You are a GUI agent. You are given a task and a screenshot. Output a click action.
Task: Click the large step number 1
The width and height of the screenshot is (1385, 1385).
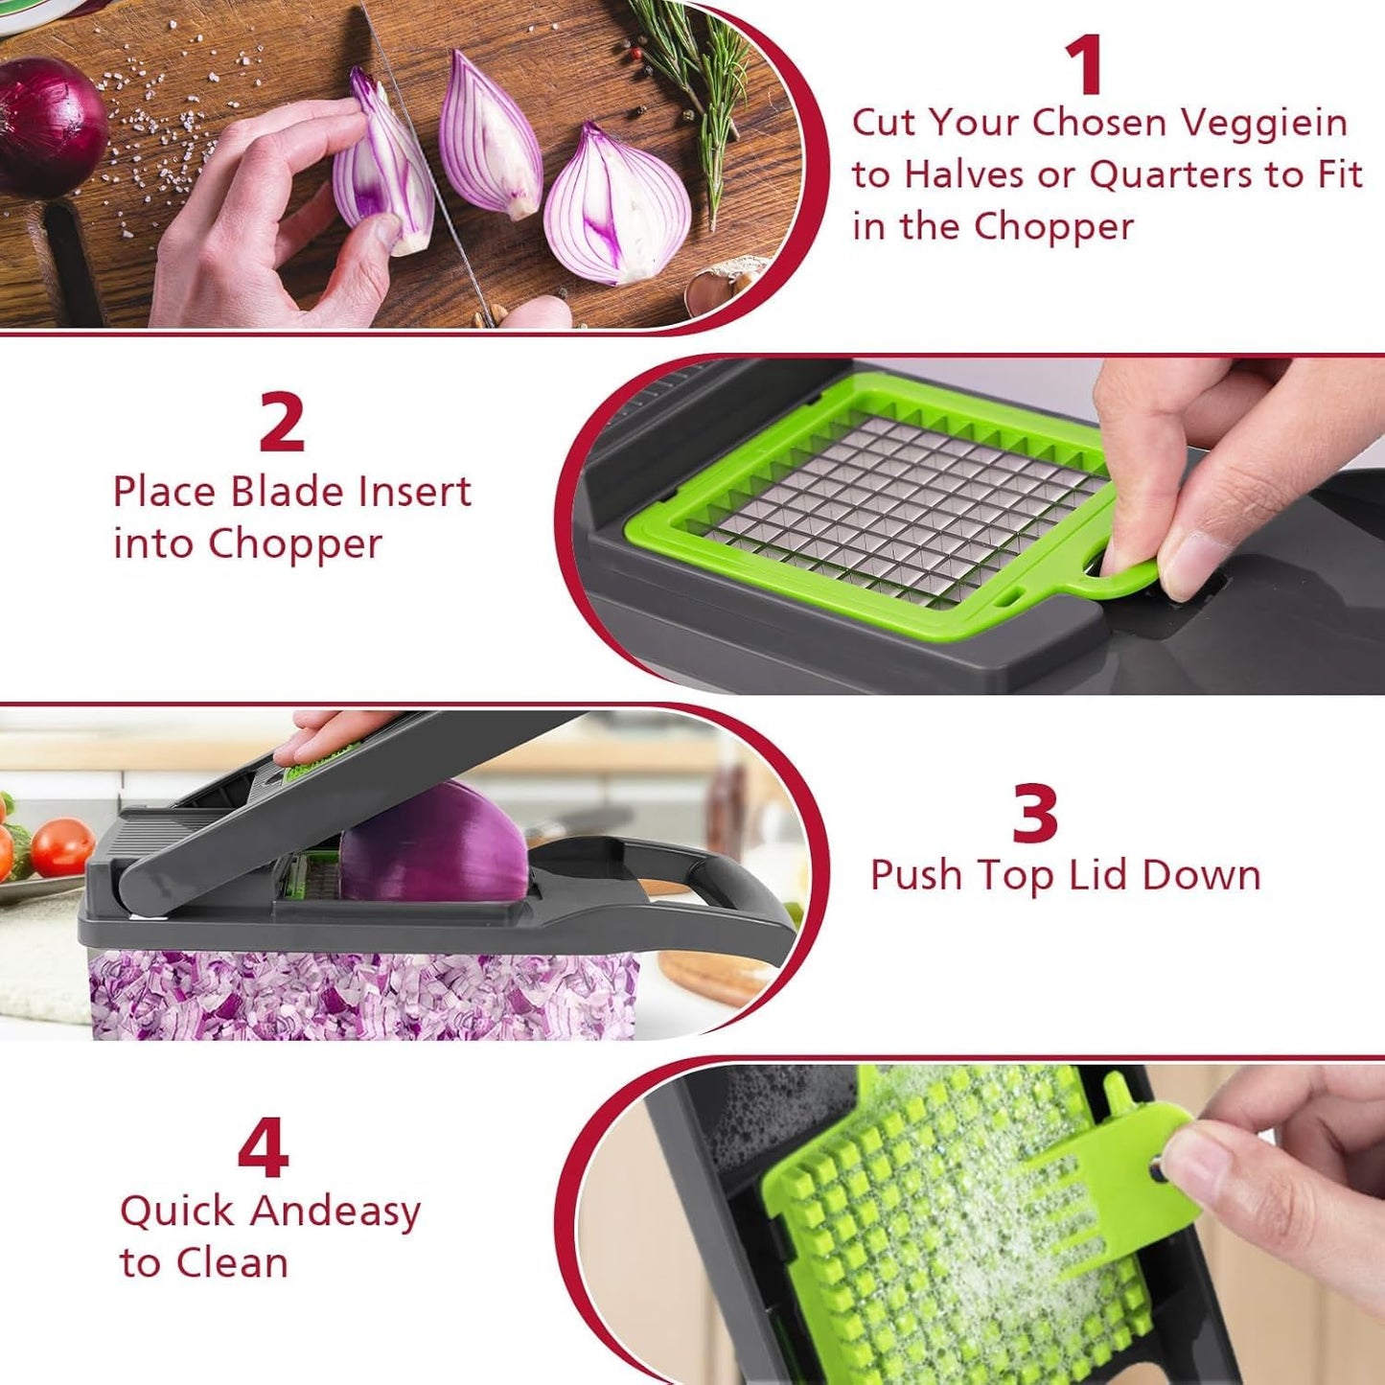coord(1085,64)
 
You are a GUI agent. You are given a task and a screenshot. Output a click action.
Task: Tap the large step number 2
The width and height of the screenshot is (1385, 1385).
coord(282,422)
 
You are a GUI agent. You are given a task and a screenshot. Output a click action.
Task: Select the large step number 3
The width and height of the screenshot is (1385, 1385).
coord(1035,813)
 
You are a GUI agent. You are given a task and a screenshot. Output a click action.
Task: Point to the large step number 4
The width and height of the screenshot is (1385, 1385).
coord(263,1147)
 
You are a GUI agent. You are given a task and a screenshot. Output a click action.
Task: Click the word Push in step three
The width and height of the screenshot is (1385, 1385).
coord(915,875)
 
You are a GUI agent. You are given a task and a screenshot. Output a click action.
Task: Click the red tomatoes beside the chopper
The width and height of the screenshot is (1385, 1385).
coord(58,847)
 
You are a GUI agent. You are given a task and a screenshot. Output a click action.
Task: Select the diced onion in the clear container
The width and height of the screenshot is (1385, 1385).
coord(364,997)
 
